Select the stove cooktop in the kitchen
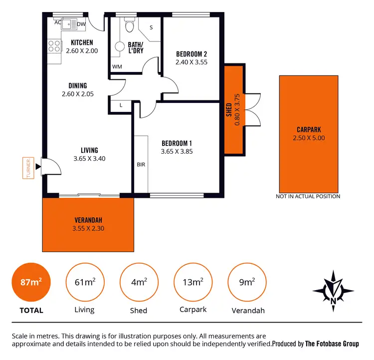(x=53, y=47)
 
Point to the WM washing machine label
(x=117, y=66)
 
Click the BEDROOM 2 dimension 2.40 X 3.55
(x=191, y=62)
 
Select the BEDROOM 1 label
(x=177, y=143)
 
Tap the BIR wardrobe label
(x=141, y=164)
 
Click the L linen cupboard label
(x=121, y=105)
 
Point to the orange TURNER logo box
(x=29, y=168)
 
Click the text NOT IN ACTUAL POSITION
(x=308, y=196)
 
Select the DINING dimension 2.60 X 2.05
(x=77, y=94)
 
